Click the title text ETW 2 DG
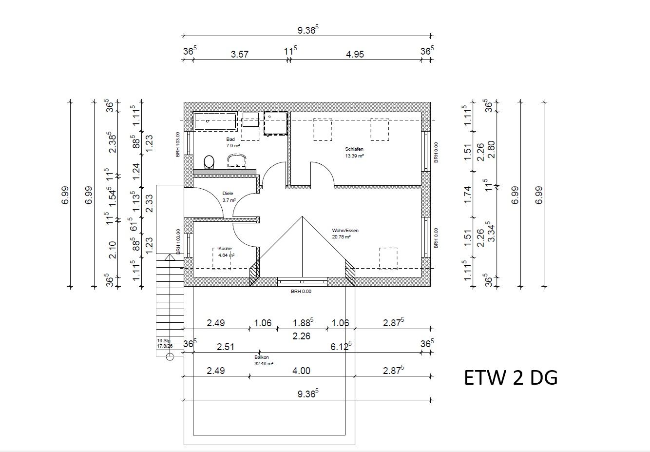[511, 378]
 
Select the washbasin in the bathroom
[236, 161]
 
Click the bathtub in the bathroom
[215, 120]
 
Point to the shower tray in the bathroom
[275, 123]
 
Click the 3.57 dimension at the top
[239, 54]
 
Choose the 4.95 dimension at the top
[355, 54]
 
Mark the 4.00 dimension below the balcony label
[301, 371]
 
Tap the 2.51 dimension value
[226, 347]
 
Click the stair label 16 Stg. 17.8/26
[165, 343]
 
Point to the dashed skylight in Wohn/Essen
[388, 258]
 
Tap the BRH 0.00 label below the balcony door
[301, 292]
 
